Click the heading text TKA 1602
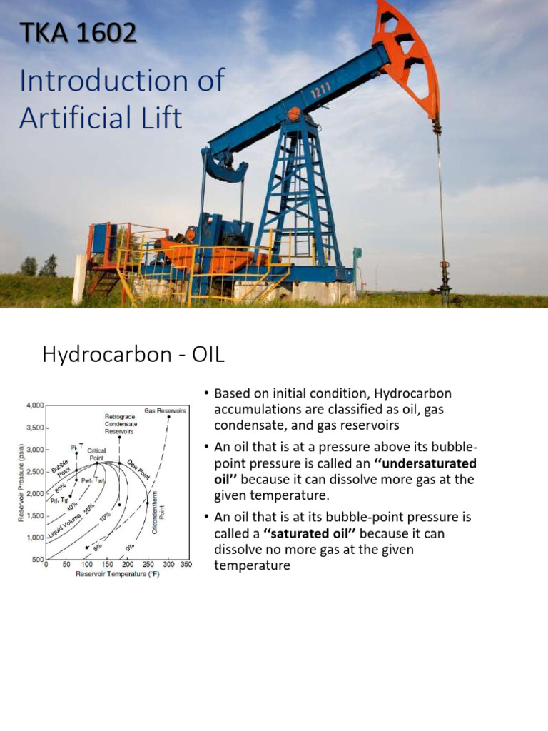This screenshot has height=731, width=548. [77, 32]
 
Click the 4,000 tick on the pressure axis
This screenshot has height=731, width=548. [33, 405]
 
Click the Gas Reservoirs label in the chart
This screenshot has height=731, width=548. [165, 410]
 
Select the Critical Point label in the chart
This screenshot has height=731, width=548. [96, 454]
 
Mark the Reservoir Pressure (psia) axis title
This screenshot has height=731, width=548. [21, 483]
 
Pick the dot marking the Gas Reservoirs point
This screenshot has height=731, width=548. [169, 418]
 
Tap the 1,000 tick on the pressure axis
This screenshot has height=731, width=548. [33, 538]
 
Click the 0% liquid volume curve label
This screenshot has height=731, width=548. [129, 528]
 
